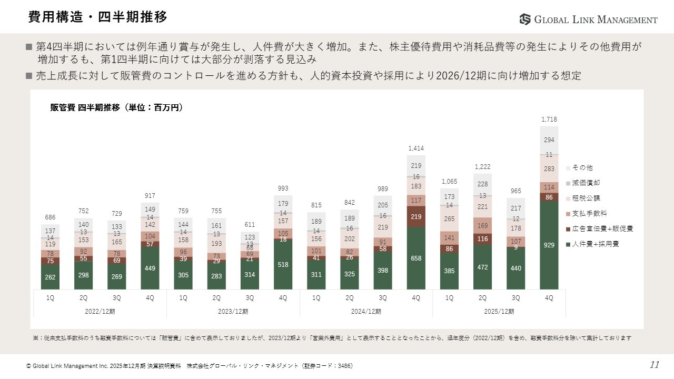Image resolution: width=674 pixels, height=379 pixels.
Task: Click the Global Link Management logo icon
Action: (x=525, y=19)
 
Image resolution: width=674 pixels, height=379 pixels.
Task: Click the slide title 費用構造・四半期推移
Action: (x=98, y=17)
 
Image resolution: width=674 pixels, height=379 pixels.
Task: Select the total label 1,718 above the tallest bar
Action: (x=549, y=120)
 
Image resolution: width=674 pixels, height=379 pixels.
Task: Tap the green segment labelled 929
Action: (x=549, y=245)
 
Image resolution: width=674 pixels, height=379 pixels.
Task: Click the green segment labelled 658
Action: (x=416, y=258)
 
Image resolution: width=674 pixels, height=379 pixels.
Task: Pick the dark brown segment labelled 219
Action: (x=416, y=216)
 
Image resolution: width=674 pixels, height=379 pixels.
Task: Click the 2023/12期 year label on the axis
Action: (x=233, y=311)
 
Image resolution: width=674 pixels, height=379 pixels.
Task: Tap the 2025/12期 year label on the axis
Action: (x=499, y=311)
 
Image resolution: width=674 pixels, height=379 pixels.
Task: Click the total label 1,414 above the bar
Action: (x=416, y=149)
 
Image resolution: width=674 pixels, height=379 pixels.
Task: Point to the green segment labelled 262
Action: (x=50, y=277)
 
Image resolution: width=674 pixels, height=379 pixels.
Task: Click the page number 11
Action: (x=655, y=365)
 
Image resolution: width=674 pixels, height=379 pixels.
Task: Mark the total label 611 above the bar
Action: (x=250, y=225)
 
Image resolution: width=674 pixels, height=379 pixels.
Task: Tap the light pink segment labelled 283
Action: (x=549, y=169)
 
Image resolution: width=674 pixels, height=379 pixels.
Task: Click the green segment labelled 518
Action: (x=283, y=265)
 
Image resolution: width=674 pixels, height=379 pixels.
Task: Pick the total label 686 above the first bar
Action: (x=50, y=217)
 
